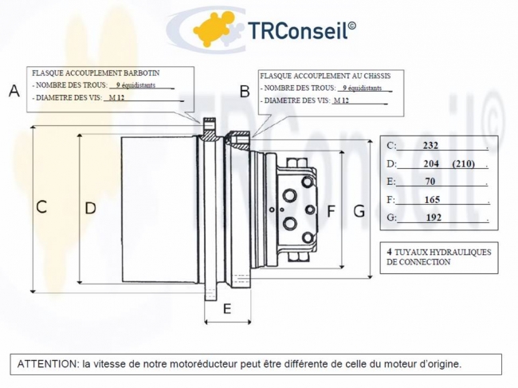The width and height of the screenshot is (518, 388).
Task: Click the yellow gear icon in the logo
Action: tap(217, 29)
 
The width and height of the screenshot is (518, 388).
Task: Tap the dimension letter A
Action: tap(14, 91)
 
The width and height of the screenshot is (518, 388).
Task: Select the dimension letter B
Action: tap(245, 91)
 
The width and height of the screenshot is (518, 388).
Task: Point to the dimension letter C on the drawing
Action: tap(41, 207)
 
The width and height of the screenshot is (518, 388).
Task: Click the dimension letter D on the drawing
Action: tap(90, 208)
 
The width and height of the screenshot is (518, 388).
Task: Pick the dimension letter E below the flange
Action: tap(226, 308)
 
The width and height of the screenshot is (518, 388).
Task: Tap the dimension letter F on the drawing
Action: tap(332, 211)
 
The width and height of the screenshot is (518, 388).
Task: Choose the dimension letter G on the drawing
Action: tap(359, 211)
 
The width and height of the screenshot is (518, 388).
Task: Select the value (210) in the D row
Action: tap(463, 164)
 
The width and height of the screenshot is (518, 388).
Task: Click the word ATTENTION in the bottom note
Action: tap(47, 363)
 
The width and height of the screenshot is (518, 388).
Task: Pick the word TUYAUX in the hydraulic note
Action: tap(411, 252)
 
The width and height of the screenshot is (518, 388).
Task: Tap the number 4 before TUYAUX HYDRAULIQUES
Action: tap(389, 252)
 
